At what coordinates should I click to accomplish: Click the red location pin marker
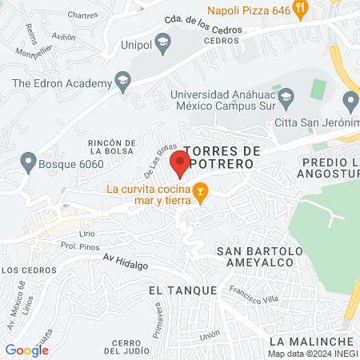tap(180, 166)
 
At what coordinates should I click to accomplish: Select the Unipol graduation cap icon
tap(163, 43)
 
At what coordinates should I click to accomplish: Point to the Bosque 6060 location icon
tap(28, 161)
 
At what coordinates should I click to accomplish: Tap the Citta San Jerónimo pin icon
tap(350, 102)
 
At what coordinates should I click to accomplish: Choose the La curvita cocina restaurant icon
tap(201, 192)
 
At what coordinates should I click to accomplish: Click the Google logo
tap(26, 350)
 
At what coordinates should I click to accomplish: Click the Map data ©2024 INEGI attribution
tap(313, 354)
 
